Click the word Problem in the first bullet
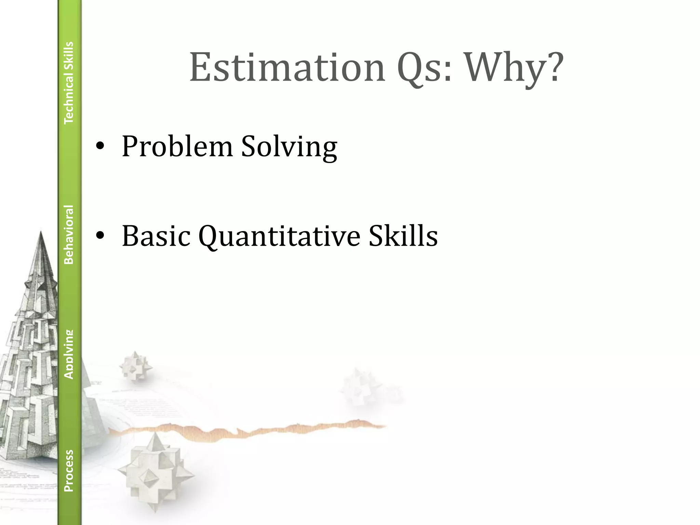[x=177, y=147]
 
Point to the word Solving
[x=289, y=147]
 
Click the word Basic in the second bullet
[x=156, y=236]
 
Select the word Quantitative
[x=279, y=236]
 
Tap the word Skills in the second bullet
[x=403, y=236]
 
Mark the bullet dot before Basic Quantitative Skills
[x=100, y=236]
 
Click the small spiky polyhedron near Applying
[x=135, y=366]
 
